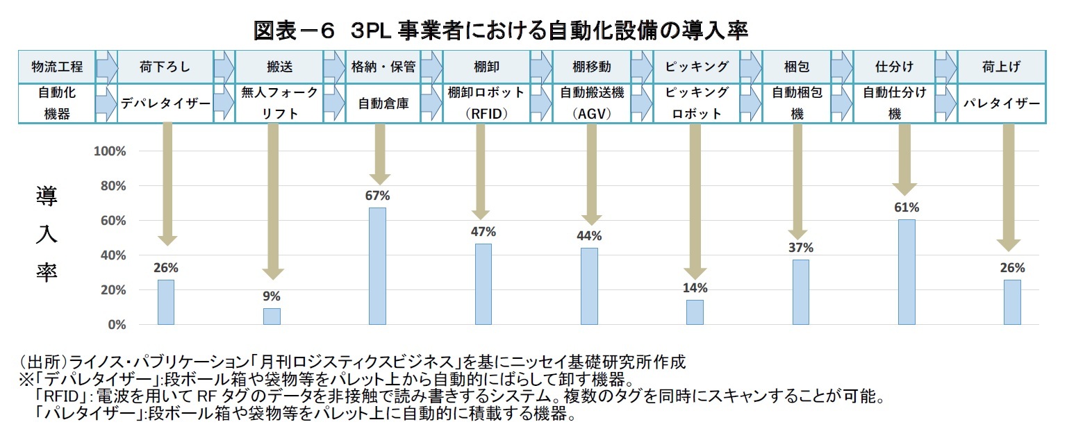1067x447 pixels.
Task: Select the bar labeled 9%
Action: point(272,317)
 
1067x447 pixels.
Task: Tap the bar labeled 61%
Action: point(907,272)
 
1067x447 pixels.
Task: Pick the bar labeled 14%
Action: point(695,312)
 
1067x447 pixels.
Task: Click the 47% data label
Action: point(483,232)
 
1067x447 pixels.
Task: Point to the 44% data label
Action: point(589,236)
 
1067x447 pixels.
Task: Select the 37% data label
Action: point(801,248)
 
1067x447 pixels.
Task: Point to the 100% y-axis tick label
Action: point(109,151)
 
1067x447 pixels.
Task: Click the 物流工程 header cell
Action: point(57,67)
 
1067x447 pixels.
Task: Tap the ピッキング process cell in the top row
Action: point(697,67)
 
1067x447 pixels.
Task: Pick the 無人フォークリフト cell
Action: point(280,103)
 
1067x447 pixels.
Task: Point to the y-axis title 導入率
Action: point(47,233)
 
